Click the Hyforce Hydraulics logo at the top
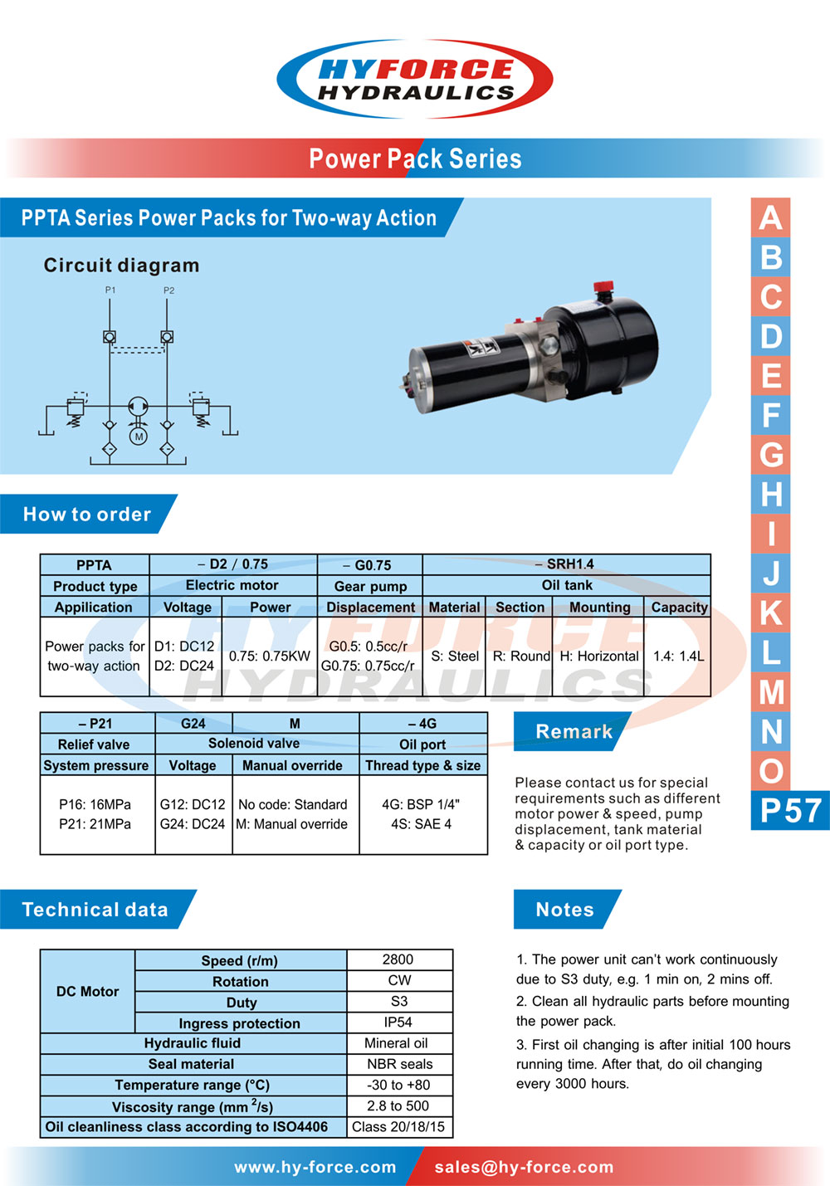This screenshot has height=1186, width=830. (x=415, y=79)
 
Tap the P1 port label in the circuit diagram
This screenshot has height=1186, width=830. (x=110, y=290)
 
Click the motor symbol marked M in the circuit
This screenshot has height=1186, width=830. (x=139, y=436)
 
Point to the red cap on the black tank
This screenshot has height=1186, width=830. (x=603, y=288)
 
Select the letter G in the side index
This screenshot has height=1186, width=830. (x=771, y=455)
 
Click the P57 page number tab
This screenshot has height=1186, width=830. (x=790, y=811)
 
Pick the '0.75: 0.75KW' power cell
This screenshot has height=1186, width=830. (x=270, y=656)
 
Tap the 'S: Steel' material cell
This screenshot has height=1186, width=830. (x=455, y=656)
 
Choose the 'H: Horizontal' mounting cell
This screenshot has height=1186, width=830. (x=599, y=656)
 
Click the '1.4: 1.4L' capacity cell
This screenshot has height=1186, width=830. (x=678, y=656)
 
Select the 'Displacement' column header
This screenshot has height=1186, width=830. (x=370, y=608)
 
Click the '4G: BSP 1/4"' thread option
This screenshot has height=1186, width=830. (x=421, y=804)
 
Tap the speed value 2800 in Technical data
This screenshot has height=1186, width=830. (x=398, y=959)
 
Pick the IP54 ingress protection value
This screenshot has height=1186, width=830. (x=398, y=1022)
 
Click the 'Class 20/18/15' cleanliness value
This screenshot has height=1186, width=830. (x=398, y=1126)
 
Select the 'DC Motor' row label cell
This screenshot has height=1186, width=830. (x=87, y=991)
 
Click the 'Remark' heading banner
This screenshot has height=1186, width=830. (x=574, y=731)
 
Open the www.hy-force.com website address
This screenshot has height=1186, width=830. (x=315, y=1167)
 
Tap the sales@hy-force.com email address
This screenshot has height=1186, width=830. (x=524, y=1167)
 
